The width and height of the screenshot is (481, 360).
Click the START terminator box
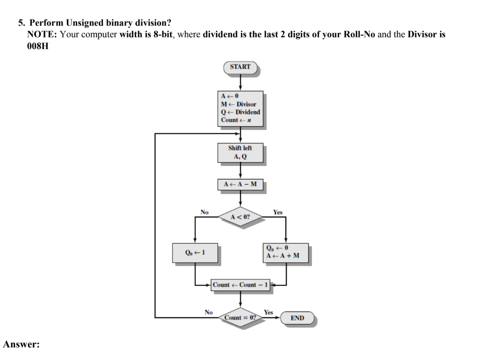pos(240,67)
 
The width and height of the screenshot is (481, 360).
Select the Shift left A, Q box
pos(240,153)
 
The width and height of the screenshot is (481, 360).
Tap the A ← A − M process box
pos(240,185)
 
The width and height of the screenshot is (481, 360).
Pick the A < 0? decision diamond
pos(240,217)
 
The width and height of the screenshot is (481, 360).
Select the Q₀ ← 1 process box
pos(195,253)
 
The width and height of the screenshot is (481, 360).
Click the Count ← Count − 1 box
pos(240,285)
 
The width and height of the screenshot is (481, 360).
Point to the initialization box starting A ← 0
pos(240,108)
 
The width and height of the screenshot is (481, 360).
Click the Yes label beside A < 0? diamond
pos(278,212)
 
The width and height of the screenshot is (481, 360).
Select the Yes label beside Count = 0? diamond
pos(268,312)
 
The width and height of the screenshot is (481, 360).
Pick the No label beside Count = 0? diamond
pos(208,312)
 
